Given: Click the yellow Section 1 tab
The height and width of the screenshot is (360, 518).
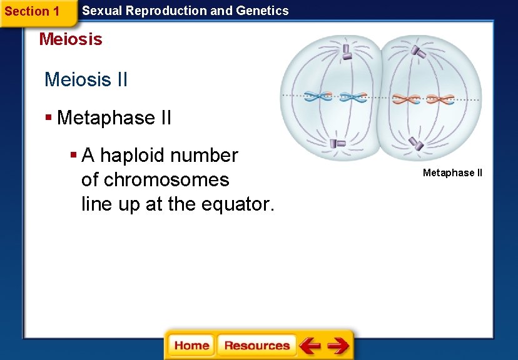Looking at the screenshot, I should coord(33,11).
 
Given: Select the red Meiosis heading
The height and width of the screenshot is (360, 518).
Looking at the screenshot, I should coord(71,39).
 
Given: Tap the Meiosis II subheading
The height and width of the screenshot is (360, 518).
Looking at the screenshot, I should coord(86,79).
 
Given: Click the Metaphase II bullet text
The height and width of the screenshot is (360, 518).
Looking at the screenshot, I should coord(114,117).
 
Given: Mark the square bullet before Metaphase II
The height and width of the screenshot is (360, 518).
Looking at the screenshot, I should coord(49,117).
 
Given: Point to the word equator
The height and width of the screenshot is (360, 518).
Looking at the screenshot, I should coord(238,204).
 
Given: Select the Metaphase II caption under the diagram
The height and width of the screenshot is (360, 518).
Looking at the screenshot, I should coord(452,173).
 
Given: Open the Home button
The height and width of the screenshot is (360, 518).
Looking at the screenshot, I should coord(191,345).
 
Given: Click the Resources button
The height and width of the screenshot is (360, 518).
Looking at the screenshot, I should coord(256,345).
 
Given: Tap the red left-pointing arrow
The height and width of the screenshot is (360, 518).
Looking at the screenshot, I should coord(310,345).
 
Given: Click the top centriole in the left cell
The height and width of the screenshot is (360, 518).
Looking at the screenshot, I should coord(347,52).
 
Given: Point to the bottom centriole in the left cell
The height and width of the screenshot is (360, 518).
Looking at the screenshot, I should coord(338,143).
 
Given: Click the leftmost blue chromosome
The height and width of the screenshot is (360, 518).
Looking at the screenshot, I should coord(318,97).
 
